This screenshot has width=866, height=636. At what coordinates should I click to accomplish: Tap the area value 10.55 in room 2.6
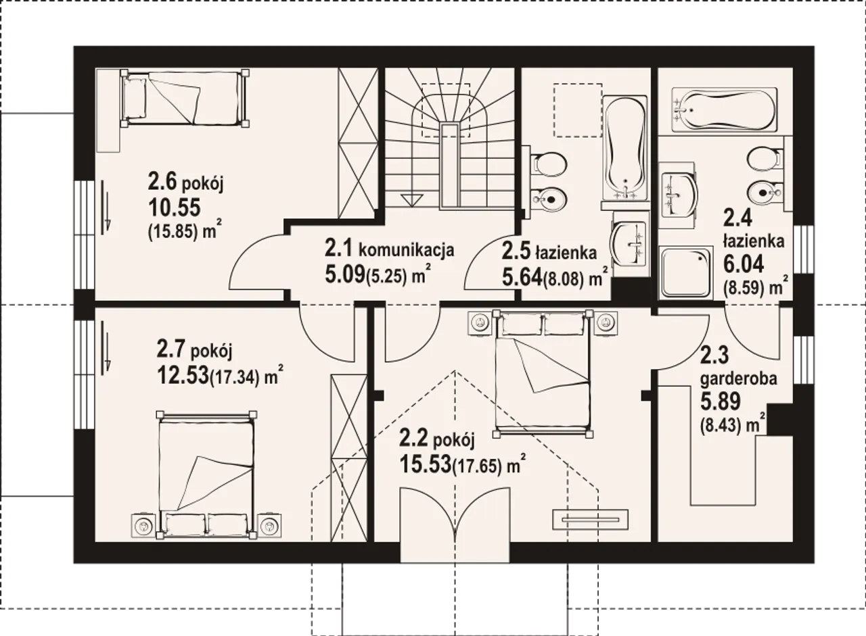pos(175,207)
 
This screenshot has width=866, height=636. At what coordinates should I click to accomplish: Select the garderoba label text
pos(738,380)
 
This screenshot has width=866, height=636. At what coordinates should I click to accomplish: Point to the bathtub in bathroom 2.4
pos(724,109)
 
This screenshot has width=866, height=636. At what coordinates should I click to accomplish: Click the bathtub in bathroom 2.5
pos(624,148)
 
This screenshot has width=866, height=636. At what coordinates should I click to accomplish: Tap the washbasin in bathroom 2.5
pos(629,244)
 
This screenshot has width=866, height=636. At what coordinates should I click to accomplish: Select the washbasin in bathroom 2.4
pos(679,195)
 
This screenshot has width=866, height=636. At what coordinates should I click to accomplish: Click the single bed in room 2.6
pos(185,98)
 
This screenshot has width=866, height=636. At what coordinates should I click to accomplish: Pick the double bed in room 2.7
pos(206,474)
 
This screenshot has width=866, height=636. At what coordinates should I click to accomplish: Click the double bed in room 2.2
pos(543,374)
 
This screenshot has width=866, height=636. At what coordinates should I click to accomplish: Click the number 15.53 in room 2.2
pos(426,464)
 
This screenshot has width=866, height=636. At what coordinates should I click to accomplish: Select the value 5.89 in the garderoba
pos(721,401)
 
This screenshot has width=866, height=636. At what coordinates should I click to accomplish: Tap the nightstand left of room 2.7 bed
pos(143,526)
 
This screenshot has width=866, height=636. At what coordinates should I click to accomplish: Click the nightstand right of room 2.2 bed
pos(606,322)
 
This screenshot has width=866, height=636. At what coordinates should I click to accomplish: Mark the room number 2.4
pos(737,218)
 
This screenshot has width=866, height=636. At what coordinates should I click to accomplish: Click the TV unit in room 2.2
pos(591,519)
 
